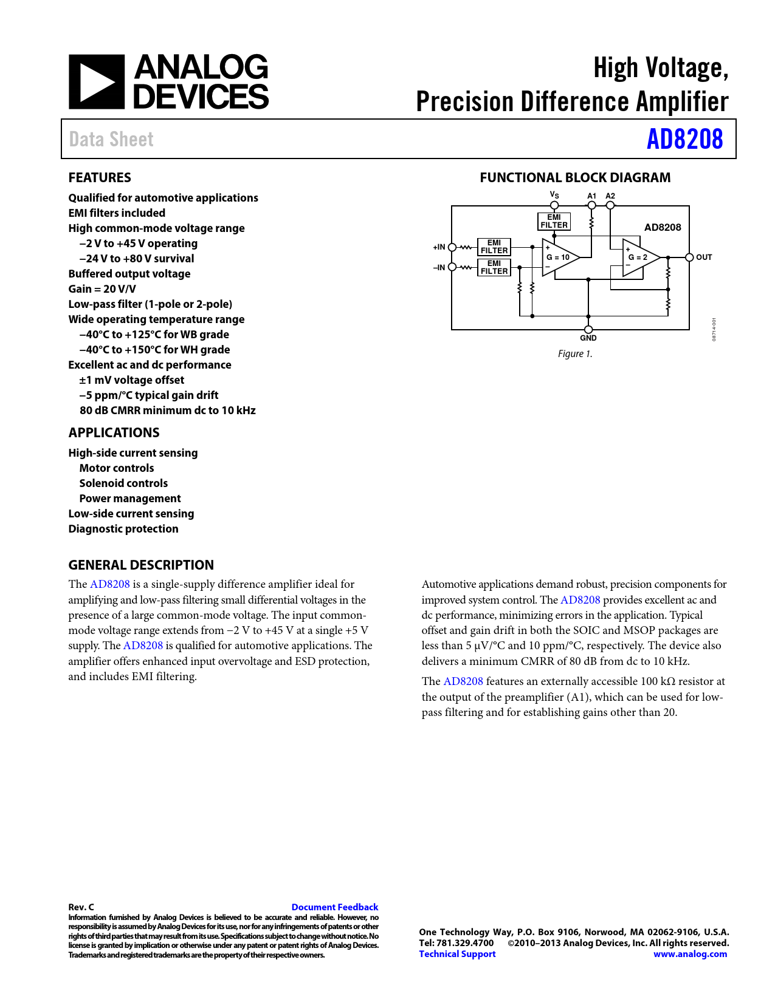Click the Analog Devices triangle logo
(96, 82)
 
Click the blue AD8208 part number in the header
(684, 139)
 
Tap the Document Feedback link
(334, 907)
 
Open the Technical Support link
(457, 954)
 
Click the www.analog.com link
(690, 954)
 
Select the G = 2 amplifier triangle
(639, 257)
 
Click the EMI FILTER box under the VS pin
(554, 221)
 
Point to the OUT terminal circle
(689, 257)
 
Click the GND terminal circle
(588, 330)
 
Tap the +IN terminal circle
(452, 247)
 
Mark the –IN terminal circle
(452, 267)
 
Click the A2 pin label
(610, 196)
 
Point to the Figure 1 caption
(575, 354)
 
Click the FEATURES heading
(100, 178)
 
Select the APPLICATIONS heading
(114, 433)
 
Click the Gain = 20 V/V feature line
(102, 289)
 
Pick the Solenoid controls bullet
(123, 483)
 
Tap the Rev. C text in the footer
(81, 907)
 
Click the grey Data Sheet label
(111, 140)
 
